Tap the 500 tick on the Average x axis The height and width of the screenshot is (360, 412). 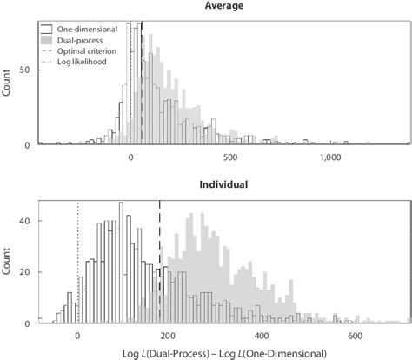229,158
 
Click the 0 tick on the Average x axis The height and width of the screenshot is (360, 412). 130,158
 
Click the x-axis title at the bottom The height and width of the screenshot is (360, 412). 225,352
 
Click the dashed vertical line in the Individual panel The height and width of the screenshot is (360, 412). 160,261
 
